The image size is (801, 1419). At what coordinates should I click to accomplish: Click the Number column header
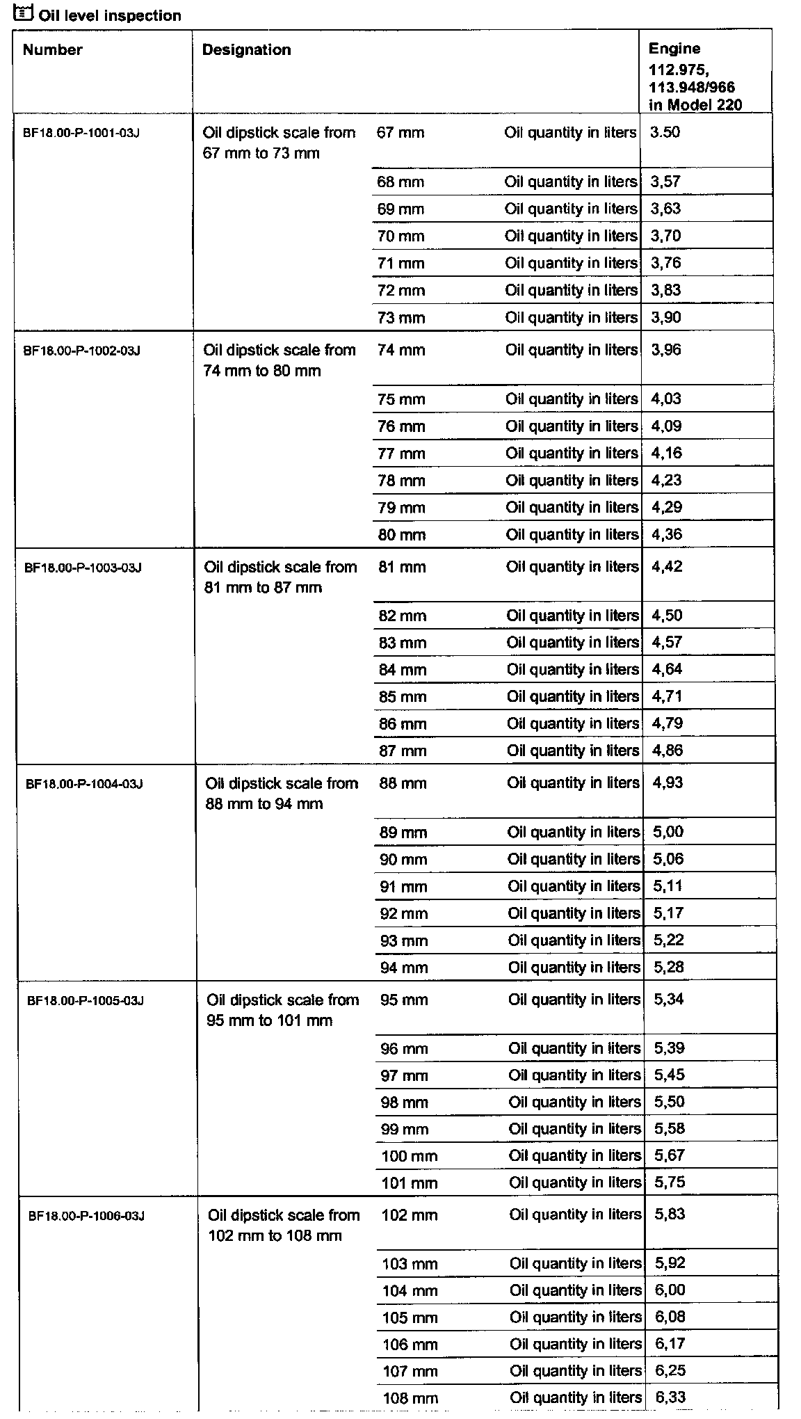click(x=52, y=50)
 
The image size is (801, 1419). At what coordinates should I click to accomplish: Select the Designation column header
click(x=246, y=50)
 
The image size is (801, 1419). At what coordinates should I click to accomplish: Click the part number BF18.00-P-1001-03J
click(x=81, y=133)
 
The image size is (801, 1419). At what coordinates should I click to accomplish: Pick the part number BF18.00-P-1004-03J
click(x=84, y=784)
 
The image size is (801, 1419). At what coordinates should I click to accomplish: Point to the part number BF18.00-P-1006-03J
click(x=86, y=1216)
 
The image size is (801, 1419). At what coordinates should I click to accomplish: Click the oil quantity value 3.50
click(x=665, y=133)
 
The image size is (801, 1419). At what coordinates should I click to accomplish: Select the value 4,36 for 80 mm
click(x=667, y=534)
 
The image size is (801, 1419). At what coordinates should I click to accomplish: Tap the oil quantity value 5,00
click(x=668, y=832)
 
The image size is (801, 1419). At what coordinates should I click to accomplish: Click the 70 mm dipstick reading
click(x=400, y=236)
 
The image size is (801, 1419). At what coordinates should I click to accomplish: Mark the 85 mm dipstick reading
click(x=403, y=697)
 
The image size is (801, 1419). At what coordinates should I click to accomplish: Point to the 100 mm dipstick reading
click(x=410, y=1156)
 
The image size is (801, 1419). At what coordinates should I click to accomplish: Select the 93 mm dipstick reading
click(x=403, y=940)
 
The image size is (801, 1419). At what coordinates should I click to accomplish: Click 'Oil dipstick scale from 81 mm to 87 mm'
click(x=280, y=577)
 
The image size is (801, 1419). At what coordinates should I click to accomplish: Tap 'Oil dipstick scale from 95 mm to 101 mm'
click(x=283, y=1010)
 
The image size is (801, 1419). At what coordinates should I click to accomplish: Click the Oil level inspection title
click(x=110, y=15)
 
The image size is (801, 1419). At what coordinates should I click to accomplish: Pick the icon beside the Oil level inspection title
click(x=23, y=12)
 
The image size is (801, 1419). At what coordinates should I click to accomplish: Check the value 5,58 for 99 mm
click(x=670, y=1128)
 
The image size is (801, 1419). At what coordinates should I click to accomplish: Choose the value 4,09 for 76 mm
click(x=666, y=426)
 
